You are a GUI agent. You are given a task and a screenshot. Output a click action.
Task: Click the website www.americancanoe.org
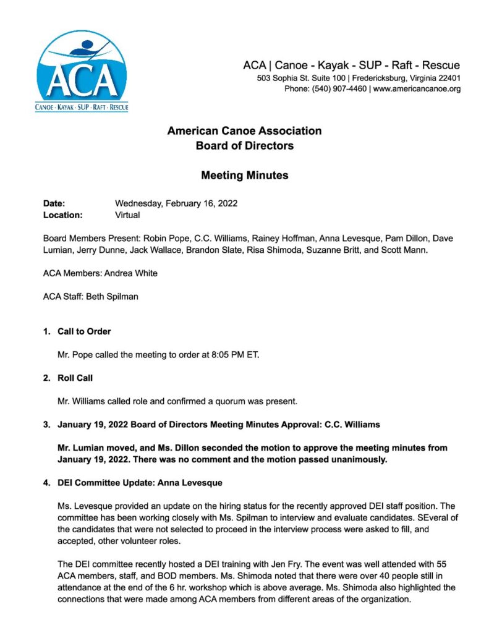tap(417, 89)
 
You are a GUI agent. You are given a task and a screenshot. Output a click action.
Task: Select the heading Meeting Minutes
tap(244, 176)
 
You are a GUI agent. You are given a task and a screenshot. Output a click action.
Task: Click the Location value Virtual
tap(127, 215)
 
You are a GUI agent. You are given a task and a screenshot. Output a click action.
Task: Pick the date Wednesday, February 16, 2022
tap(176, 203)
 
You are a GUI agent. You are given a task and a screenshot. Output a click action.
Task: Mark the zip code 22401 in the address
tap(447, 79)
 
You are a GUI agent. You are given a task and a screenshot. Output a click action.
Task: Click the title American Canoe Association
tap(244, 131)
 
